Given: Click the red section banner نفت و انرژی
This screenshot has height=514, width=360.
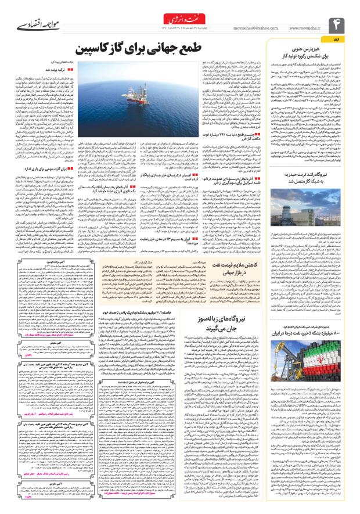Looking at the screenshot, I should (x=180, y=16).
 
